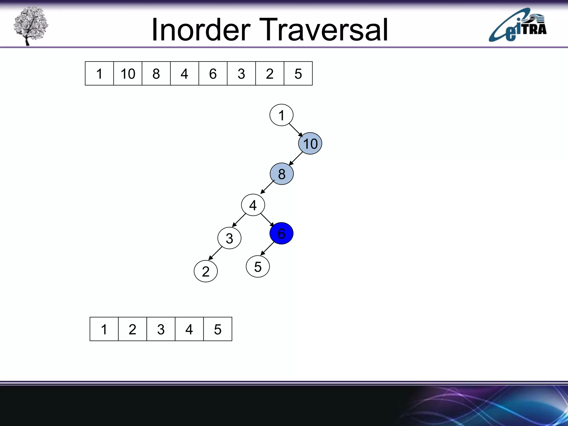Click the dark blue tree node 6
[x=281, y=233]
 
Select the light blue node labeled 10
[x=310, y=143]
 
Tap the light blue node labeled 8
[x=282, y=174]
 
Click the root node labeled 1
[x=281, y=115]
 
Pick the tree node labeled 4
[x=253, y=205]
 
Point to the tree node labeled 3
[x=229, y=238]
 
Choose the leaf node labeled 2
[x=206, y=271]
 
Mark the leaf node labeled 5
[x=258, y=267]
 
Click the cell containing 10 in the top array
[x=128, y=73]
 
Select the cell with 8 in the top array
[x=156, y=73]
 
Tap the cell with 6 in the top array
[x=213, y=73]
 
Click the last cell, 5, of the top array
[x=298, y=73]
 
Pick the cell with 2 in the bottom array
[x=132, y=329]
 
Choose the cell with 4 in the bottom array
[x=189, y=329]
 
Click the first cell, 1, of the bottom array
[x=104, y=329]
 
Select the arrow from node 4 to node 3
[x=239, y=220]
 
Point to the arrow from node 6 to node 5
[x=267, y=248]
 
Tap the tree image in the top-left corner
[x=31, y=26]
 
